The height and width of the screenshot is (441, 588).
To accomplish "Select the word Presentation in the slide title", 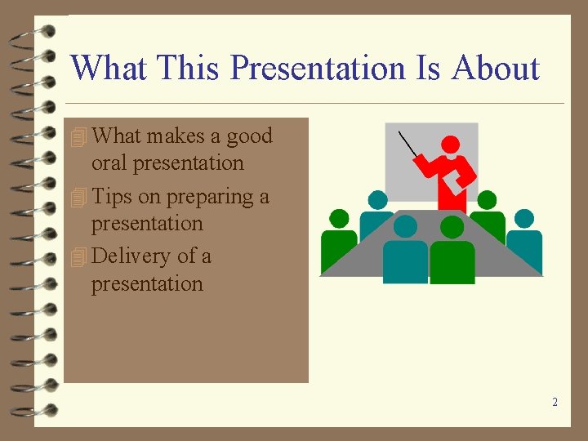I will point(318,69).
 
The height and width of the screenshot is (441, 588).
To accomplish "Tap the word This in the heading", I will point(189,69).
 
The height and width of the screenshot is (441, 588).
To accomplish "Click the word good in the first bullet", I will point(249,136).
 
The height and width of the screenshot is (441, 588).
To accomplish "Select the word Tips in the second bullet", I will point(112,197).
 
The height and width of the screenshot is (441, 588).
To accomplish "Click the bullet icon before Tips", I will point(78,198).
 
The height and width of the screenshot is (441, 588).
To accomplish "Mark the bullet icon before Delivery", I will point(78,257).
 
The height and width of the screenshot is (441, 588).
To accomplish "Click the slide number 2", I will point(555,402).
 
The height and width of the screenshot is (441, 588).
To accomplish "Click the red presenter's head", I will point(450,145).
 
